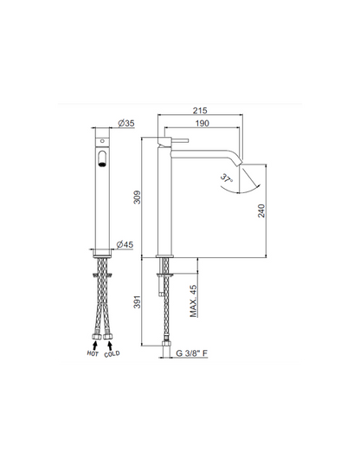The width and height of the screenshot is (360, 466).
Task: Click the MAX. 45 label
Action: click(x=194, y=303)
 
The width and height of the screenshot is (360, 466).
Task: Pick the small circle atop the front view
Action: click(x=102, y=139)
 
